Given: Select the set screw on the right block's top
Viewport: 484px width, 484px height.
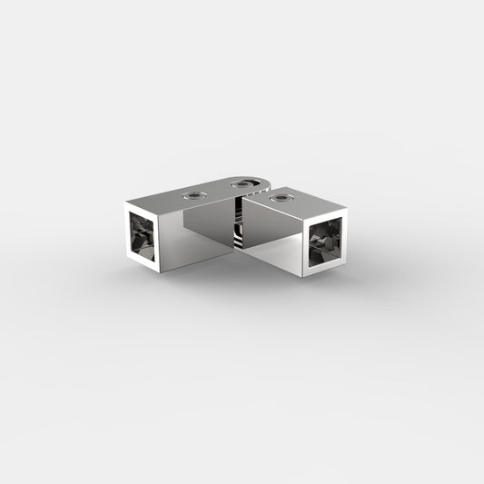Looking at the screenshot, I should [280, 195].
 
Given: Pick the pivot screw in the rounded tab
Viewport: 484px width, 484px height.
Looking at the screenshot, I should [242, 185].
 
